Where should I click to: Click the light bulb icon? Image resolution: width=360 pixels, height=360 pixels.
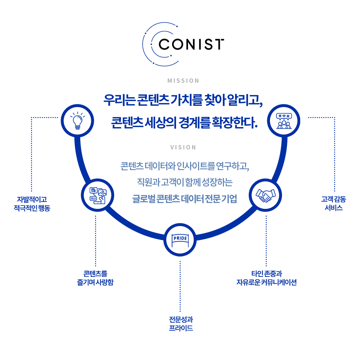[77, 121]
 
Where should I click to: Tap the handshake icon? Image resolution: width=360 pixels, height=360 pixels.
[265, 195]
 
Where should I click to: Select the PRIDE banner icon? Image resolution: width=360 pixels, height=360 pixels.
[180, 240]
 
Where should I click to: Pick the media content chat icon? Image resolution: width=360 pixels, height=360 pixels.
[98, 195]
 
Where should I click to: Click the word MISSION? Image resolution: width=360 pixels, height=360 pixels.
[183, 81]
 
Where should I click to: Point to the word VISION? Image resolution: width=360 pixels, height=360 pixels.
[183, 147]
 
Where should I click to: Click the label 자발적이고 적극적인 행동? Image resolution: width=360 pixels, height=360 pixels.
[32, 204]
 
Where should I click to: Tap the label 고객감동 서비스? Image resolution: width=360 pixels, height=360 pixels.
[334, 204]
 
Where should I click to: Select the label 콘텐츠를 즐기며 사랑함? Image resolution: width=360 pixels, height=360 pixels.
[95, 278]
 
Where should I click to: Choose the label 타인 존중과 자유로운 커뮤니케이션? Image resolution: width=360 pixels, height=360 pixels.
[266, 278]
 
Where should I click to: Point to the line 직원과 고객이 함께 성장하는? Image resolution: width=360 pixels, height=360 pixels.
[185, 182]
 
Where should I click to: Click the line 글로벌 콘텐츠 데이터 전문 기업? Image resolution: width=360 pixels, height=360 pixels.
[185, 199]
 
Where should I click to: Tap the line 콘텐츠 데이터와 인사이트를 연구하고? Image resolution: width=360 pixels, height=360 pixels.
[185, 166]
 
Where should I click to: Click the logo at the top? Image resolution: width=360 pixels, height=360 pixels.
[183, 44]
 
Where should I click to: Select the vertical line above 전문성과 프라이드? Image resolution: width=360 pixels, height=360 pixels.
[180, 286]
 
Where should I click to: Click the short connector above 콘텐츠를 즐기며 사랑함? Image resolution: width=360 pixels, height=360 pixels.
[95, 262]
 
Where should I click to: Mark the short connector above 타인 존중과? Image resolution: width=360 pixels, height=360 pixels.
[266, 262]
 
